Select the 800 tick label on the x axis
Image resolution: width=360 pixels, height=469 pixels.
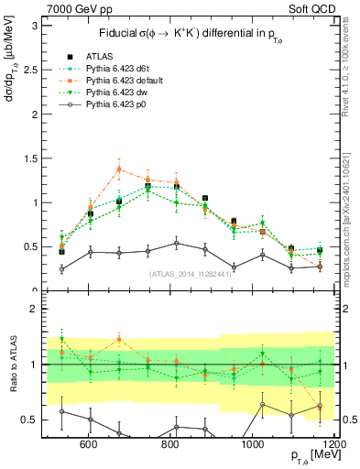coord(171,444)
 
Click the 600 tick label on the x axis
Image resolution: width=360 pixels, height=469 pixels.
coord(90,444)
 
